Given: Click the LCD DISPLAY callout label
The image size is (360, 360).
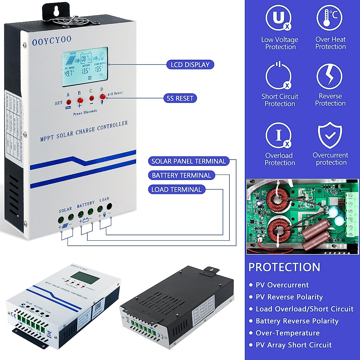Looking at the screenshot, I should [x=190, y=65].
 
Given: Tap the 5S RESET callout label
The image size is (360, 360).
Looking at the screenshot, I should [x=180, y=98].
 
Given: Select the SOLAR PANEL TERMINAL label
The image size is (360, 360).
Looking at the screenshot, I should [x=188, y=161].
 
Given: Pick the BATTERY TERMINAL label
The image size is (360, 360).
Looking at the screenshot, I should [x=181, y=175].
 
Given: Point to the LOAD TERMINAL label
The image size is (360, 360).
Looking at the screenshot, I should [x=176, y=190].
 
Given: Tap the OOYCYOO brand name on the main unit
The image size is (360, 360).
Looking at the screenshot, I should [x=52, y=41].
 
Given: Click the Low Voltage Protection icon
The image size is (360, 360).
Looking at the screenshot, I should [x=278, y=18].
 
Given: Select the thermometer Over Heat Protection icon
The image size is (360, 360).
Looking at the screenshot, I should [x=329, y=18].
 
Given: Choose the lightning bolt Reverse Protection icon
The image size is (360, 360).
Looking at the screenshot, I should [x=329, y=76].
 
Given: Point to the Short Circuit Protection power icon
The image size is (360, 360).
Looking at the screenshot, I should [x=278, y=76].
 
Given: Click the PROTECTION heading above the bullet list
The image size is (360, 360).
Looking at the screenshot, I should [x=284, y=267].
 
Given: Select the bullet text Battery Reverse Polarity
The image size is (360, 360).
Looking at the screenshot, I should [x=297, y=321].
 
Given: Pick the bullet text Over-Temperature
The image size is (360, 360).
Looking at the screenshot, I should [x=287, y=333].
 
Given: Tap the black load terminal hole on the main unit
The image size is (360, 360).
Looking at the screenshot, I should [x=109, y=206].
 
